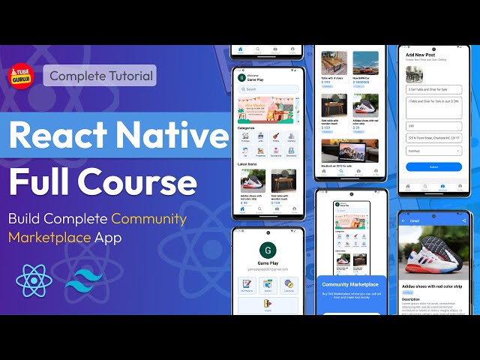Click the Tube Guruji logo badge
coord(22,76)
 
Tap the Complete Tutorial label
coord(99,76)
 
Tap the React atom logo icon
coord(34,282)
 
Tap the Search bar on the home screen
coord(268,89)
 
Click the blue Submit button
coord(434,166)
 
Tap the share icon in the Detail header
coord(464,221)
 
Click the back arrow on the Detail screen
coord(404,221)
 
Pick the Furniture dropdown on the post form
coord(434,150)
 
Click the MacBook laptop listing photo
coord(349,151)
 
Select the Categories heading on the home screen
coord(247,128)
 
